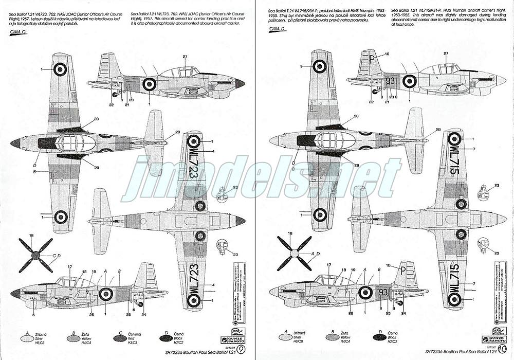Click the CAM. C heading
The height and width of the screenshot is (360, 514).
tap(19, 32)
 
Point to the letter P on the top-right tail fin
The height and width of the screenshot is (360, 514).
tap(372, 58)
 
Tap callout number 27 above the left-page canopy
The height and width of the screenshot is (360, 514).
tap(185, 56)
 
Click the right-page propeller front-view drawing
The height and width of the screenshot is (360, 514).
tap(294, 254)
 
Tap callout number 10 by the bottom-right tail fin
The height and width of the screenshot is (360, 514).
tap(388, 265)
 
